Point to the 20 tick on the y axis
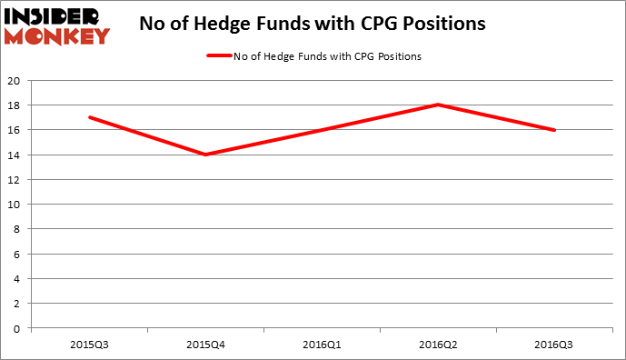[x=15, y=80]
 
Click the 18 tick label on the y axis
[x=15, y=105]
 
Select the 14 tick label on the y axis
[x=15, y=155]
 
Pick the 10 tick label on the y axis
[x=15, y=204]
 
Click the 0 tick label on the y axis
[x=18, y=327]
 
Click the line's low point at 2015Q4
[x=205, y=155]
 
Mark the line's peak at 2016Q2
[x=438, y=105]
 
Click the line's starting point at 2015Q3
[x=89, y=117]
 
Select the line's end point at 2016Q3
[x=554, y=130]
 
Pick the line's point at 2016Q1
[x=322, y=130]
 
